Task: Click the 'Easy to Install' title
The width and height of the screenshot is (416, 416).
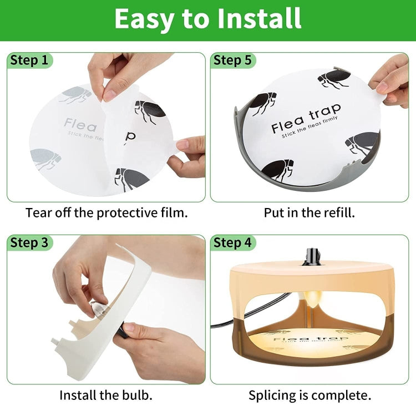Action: (x=208, y=19)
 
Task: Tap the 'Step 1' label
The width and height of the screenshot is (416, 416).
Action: (x=29, y=60)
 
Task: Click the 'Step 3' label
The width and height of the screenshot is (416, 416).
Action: (x=29, y=242)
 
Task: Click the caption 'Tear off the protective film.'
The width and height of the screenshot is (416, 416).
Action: (x=106, y=212)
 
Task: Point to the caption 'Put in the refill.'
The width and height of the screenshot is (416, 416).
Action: (x=309, y=212)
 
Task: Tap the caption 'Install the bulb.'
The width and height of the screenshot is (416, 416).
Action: (x=106, y=395)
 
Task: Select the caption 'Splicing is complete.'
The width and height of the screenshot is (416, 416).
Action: (x=310, y=395)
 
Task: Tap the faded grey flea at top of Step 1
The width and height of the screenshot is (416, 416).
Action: (x=75, y=94)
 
